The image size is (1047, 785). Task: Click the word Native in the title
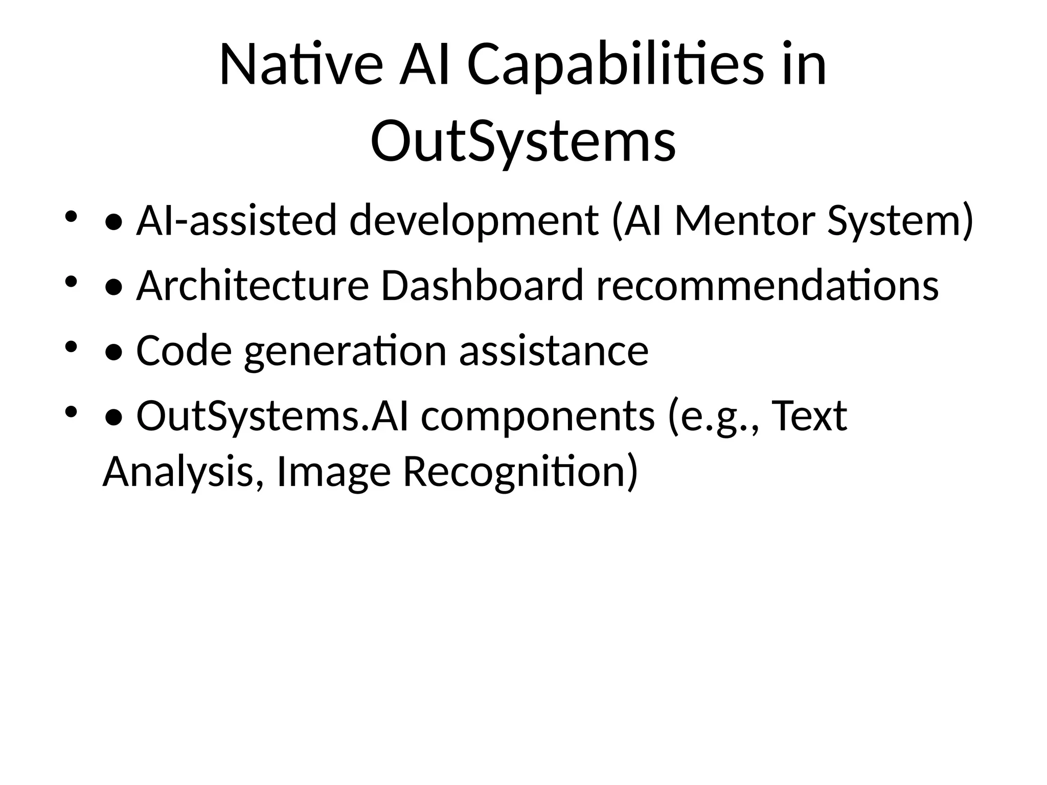pos(301,65)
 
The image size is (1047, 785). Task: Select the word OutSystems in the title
pos(523,141)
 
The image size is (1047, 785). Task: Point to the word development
pos(474,221)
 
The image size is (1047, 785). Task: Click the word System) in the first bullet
pos(900,221)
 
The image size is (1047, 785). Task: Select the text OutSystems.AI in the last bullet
pos(272,416)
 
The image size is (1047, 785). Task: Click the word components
pos(538,416)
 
